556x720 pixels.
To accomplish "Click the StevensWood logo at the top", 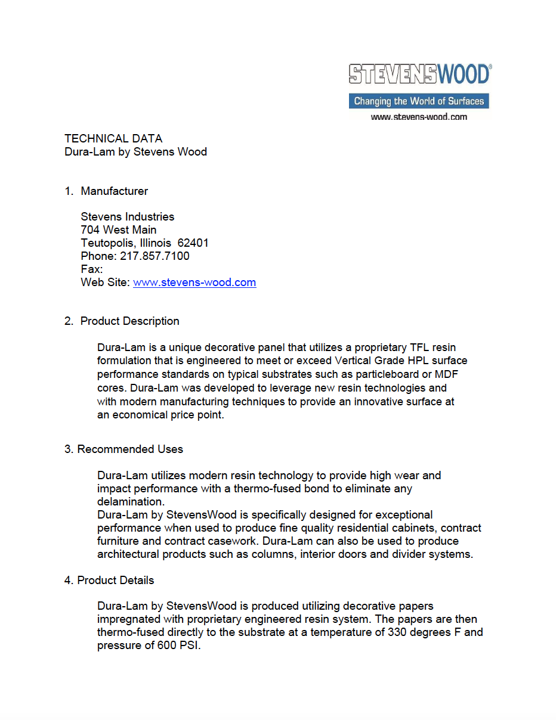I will [x=419, y=74].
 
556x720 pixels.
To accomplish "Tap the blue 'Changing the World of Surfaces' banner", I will [x=419, y=101].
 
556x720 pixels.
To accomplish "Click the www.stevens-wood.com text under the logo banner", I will [x=419, y=117].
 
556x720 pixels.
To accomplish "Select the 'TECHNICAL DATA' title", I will [x=113, y=138].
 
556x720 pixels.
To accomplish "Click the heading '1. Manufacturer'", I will [x=106, y=191].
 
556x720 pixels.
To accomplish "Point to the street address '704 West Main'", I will [x=119, y=230].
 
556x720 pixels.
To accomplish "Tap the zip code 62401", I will [x=193, y=243].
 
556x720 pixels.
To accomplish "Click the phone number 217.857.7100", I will [x=155, y=256].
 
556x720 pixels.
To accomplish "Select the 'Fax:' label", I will [x=92, y=269].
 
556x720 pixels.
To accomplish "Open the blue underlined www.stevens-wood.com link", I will [x=194, y=283].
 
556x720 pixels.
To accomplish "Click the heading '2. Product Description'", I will [x=122, y=321].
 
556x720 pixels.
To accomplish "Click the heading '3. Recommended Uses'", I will [x=123, y=449].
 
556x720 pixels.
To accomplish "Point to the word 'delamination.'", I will [x=131, y=502].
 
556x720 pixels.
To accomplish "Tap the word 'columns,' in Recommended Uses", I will [x=277, y=554].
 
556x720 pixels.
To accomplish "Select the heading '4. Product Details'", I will [x=109, y=581].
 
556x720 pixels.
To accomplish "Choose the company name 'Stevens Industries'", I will [x=128, y=217].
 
